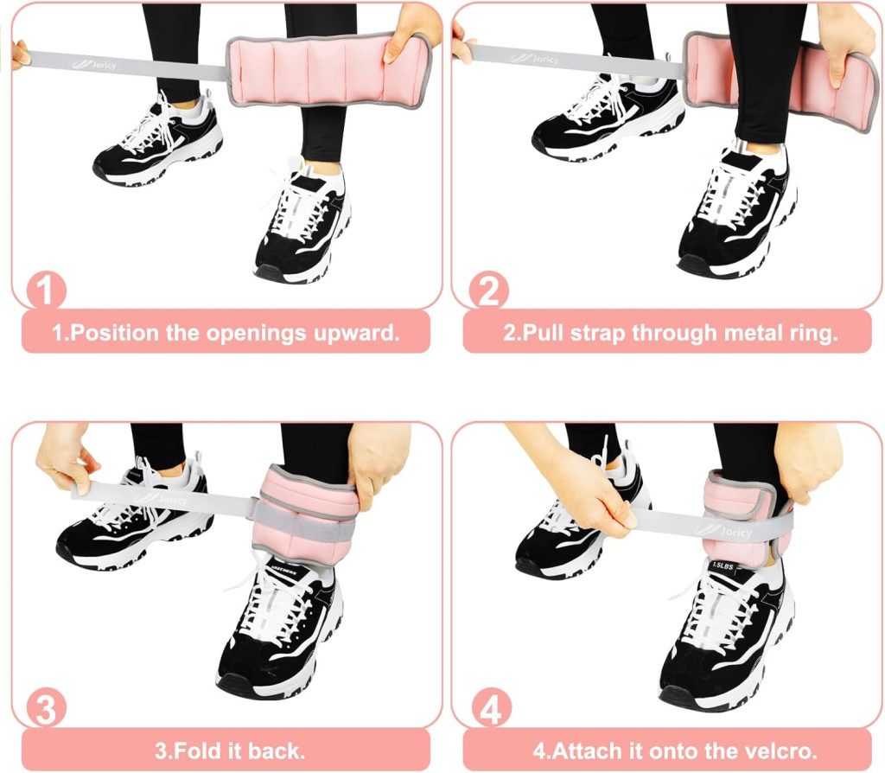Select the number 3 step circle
tap(46, 707)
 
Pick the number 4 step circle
tap(491, 707)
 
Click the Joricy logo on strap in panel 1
tap(94, 64)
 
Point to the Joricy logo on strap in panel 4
tap(723, 531)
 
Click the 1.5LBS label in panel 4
tap(723, 565)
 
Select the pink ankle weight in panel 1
tap(329, 70)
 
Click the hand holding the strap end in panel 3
tap(63, 457)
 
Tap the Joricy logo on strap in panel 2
tap(535, 58)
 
